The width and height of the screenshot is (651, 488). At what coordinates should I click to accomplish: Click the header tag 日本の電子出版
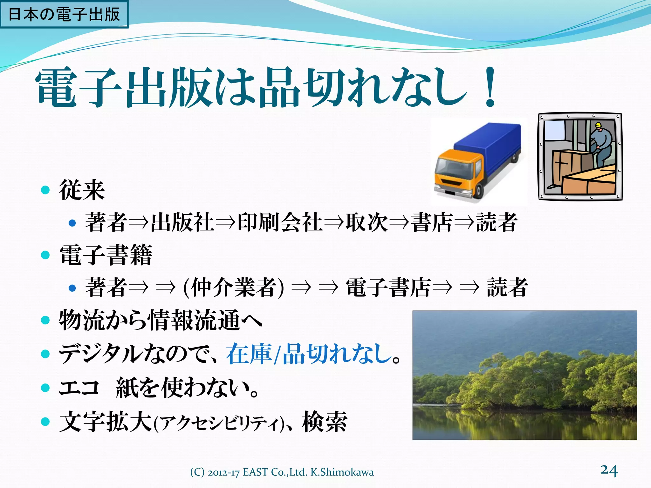tap(64, 15)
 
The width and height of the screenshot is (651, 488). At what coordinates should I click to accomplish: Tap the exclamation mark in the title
tap(490, 87)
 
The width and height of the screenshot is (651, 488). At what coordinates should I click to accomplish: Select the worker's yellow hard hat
tap(598, 125)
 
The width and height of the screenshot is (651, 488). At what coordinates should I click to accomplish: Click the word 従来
tap(82, 190)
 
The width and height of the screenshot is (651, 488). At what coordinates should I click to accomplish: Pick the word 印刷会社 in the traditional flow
tap(280, 222)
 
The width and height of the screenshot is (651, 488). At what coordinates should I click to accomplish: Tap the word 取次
tap(367, 222)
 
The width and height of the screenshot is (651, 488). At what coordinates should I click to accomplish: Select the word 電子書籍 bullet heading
tap(106, 255)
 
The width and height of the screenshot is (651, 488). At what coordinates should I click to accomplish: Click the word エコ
tap(79, 388)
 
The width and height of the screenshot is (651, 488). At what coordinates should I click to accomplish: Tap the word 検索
tap(325, 422)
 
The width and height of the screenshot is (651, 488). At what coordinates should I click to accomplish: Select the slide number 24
tap(609, 470)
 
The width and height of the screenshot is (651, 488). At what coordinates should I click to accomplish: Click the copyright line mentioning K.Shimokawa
tap(282, 472)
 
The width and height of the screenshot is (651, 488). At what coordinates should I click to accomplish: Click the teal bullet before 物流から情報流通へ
tap(45, 320)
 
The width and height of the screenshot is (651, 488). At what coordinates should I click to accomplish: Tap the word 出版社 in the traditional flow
tap(182, 222)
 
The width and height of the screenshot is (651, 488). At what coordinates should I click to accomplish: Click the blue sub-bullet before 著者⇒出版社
tap(72, 223)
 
